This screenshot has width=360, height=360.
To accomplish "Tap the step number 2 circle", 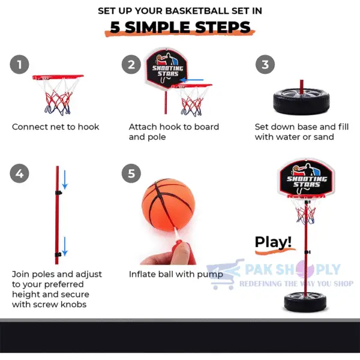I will [x=131, y=65].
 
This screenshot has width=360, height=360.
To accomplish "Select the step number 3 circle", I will [x=265, y=65].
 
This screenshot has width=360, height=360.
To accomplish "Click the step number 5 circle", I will [x=131, y=174].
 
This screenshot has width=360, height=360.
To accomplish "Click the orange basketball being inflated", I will [x=168, y=207].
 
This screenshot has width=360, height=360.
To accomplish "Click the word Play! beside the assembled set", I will [x=273, y=242].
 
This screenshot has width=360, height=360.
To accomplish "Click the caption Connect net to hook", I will [x=56, y=127].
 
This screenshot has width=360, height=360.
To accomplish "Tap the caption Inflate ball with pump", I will [x=176, y=274].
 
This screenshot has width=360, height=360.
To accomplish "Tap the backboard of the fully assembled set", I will [x=306, y=179].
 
